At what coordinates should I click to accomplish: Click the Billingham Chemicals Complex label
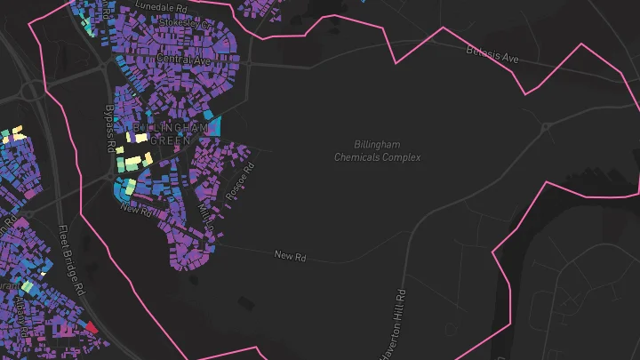[x=377, y=151]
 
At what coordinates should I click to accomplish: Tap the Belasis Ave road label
[x=492, y=54]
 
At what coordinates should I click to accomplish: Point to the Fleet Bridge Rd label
[x=70, y=260]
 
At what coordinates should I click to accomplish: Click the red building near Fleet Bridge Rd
[x=91, y=327]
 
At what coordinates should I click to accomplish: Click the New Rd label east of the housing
[x=290, y=256]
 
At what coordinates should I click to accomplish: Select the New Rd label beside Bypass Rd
[x=136, y=211]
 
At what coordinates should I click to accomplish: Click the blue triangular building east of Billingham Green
[x=212, y=126]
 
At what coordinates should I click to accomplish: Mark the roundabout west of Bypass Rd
[x=33, y=92]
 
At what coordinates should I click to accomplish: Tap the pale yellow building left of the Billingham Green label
[x=140, y=137]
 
